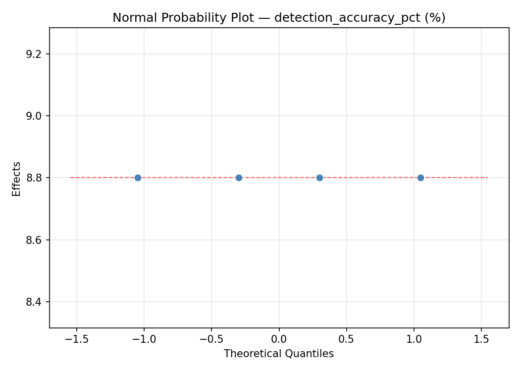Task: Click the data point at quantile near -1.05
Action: tap(138, 178)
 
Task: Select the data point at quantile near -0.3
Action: tap(239, 178)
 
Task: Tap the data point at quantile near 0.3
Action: tap(319, 178)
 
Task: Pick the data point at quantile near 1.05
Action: tap(420, 178)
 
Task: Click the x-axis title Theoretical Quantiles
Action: tap(279, 354)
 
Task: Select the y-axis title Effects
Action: tap(17, 179)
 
